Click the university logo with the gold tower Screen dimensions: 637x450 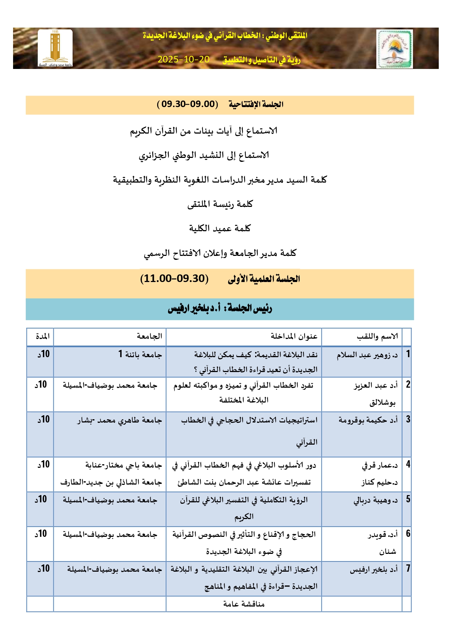pyautogui.click(x=55, y=49)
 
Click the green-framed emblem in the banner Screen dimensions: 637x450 pyautogui.click(x=394, y=49)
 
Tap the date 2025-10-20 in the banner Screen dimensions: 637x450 pyautogui.click(x=184, y=60)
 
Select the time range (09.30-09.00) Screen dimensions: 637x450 pyautogui.click(x=188, y=105)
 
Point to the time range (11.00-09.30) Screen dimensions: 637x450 pyautogui.click(x=175, y=279)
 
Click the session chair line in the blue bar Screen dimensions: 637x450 pyautogui.click(x=220, y=309)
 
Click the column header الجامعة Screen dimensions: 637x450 pyautogui.click(x=149, y=336)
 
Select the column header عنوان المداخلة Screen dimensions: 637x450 pyautogui.click(x=294, y=336)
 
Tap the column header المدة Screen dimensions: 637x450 pyautogui.click(x=43, y=336)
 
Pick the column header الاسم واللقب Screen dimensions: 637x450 pyautogui.click(x=377, y=336)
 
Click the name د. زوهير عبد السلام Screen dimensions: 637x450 pyautogui.click(x=367, y=355)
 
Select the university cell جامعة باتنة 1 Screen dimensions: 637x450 pyautogui.click(x=140, y=354)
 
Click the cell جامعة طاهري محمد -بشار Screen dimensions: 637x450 pyautogui.click(x=119, y=420)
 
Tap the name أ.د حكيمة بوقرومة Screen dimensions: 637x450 pyautogui.click(x=368, y=420)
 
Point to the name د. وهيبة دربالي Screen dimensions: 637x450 pyautogui.click(x=376, y=501)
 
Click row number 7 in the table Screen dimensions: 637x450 pyautogui.click(x=408, y=568)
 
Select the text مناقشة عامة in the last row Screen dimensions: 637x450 pyautogui.click(x=244, y=604)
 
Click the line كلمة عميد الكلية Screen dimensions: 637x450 pyautogui.click(x=220, y=228)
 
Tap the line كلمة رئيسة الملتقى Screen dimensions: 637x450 pyautogui.click(x=220, y=204)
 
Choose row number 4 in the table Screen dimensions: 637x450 pyautogui.click(x=408, y=464)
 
